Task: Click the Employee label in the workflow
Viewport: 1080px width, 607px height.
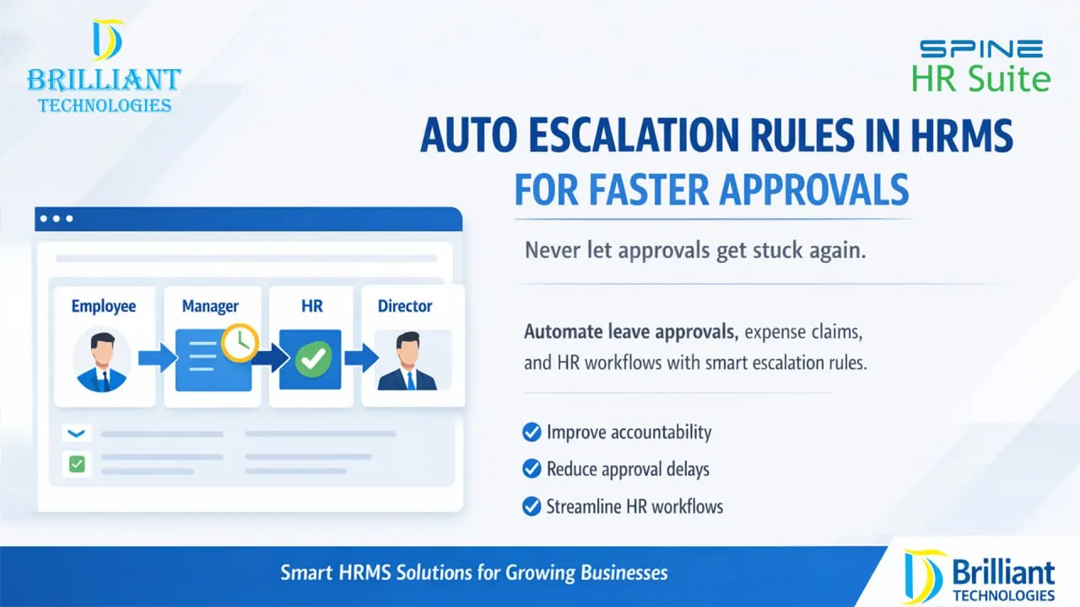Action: click(103, 306)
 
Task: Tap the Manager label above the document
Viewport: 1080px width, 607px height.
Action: click(210, 306)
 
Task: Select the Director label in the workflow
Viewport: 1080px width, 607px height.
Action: click(405, 306)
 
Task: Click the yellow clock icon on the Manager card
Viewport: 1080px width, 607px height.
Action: click(240, 342)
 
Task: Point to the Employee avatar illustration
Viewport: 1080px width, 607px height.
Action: click(102, 360)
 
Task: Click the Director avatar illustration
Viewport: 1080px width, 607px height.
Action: click(407, 361)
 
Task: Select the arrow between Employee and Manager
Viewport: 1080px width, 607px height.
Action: click(156, 360)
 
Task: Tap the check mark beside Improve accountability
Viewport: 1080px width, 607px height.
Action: click(532, 432)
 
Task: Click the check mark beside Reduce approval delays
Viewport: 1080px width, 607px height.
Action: click(532, 469)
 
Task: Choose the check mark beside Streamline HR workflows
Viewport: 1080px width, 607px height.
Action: click(532, 507)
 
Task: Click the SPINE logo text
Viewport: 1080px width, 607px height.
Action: click(981, 49)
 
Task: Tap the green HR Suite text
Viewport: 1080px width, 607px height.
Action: click(981, 79)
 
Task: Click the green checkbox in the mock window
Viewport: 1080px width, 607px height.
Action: click(77, 463)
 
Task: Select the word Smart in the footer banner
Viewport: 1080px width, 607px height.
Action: click(306, 573)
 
